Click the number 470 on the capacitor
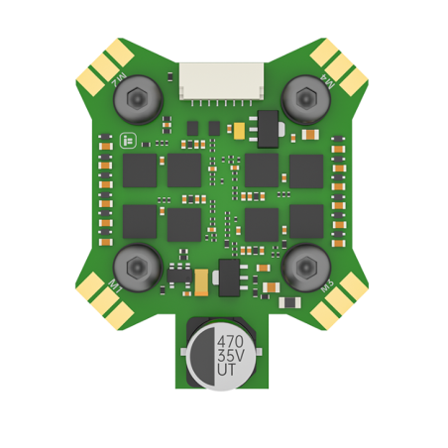click(x=230, y=341)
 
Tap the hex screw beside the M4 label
click(x=135, y=99)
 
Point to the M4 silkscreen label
click(x=119, y=77)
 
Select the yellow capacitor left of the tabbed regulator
click(x=240, y=130)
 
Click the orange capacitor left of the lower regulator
click(x=202, y=281)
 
